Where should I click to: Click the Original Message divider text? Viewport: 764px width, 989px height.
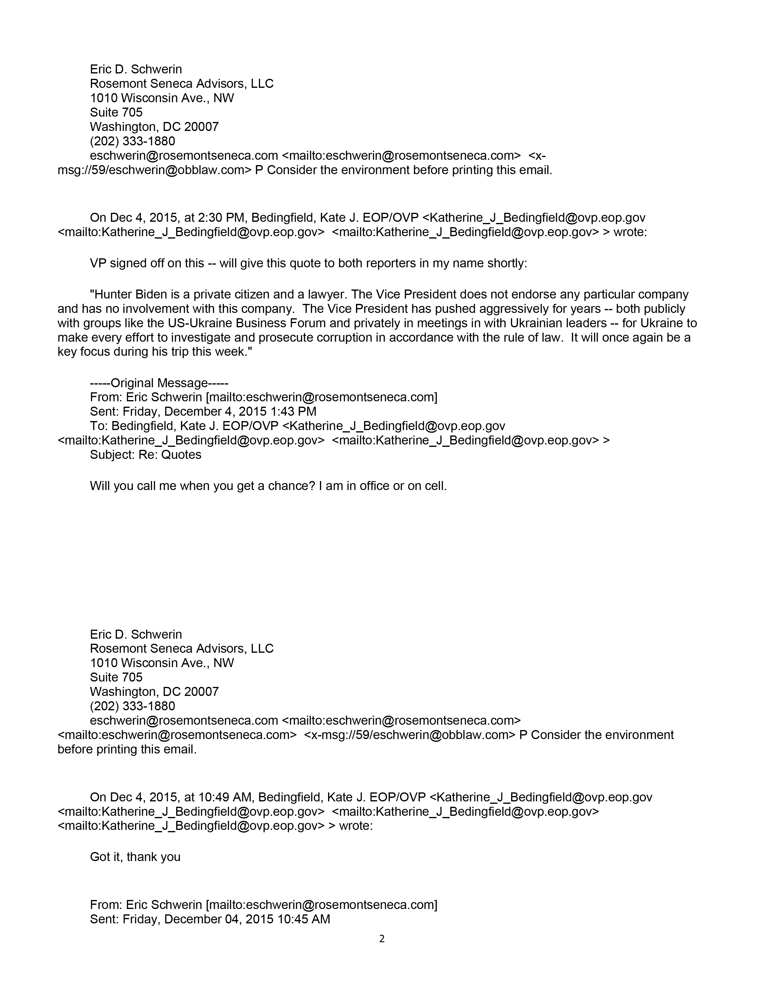tap(159, 383)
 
